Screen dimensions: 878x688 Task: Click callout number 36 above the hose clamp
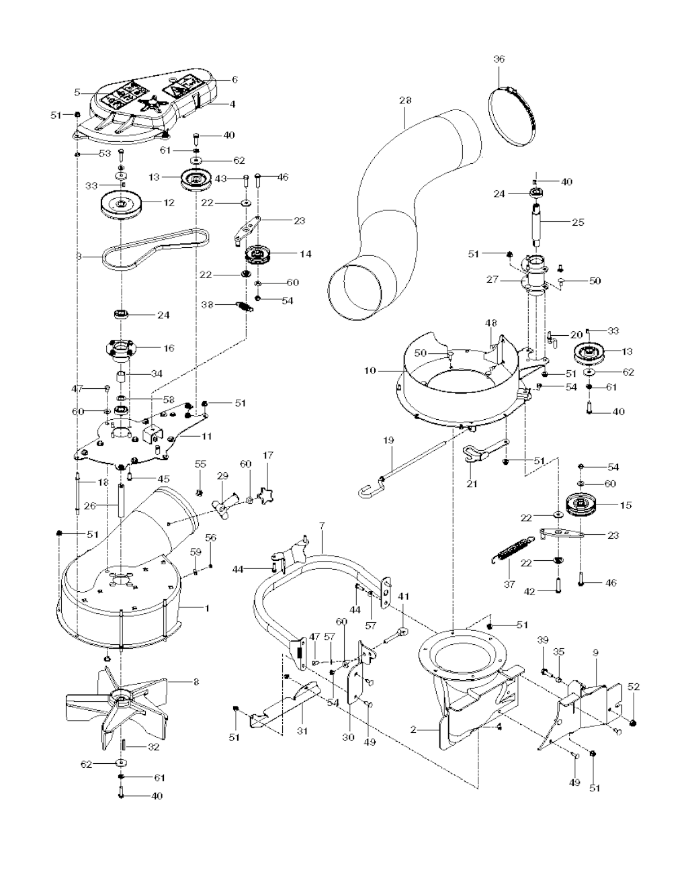tap(499, 59)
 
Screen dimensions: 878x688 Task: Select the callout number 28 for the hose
tap(404, 100)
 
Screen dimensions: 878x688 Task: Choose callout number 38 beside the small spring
tap(208, 304)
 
